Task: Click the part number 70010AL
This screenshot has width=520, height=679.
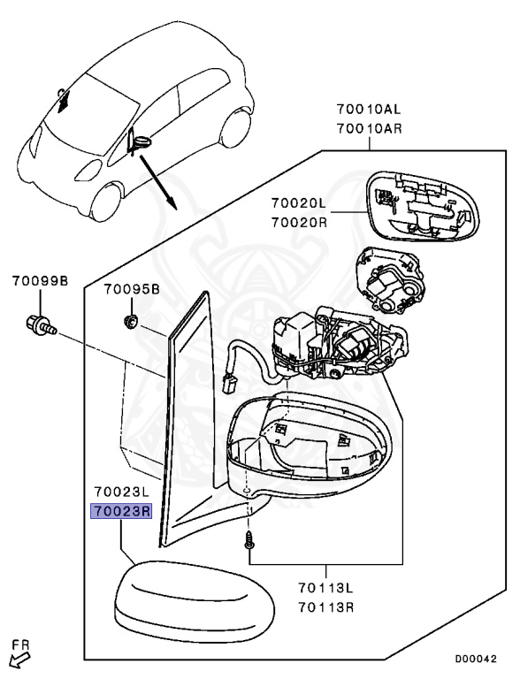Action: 368,111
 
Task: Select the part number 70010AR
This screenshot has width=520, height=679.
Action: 368,129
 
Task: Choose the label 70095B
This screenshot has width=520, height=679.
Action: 132,288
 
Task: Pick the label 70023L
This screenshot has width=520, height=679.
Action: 121,492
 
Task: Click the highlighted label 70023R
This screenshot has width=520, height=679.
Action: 121,511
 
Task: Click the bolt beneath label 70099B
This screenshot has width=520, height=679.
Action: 40,324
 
